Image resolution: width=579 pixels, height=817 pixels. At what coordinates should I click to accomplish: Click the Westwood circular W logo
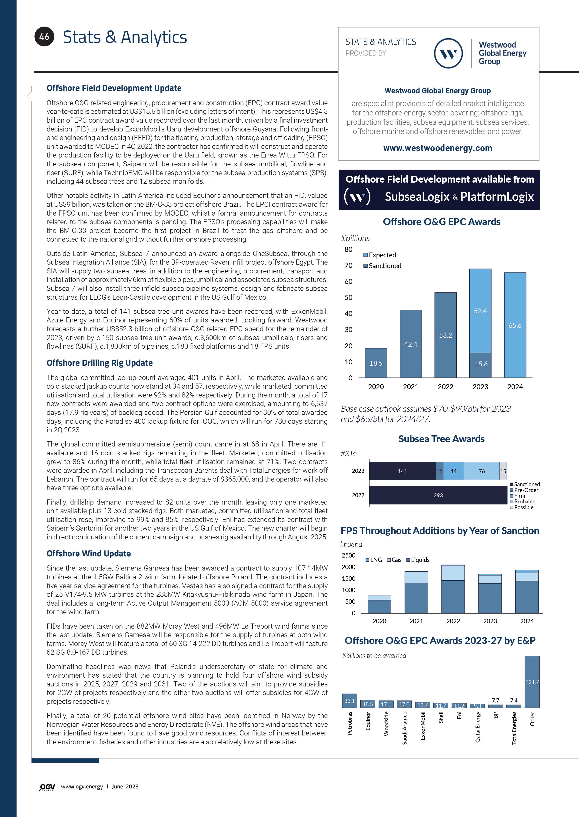point(448,53)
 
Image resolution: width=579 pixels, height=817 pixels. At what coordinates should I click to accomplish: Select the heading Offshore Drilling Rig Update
point(100,363)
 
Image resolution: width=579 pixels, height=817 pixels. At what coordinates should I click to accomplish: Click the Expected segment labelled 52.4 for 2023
point(480,311)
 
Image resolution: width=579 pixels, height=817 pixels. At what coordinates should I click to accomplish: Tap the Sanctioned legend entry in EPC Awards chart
point(382,266)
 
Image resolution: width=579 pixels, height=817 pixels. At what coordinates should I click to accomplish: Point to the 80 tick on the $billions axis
point(348,249)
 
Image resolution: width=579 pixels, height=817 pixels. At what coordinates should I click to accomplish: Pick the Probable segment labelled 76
point(481,471)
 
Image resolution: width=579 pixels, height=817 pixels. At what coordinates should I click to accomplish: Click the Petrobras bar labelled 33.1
point(349,701)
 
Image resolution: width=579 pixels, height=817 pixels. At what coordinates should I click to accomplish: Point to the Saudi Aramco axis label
point(404,728)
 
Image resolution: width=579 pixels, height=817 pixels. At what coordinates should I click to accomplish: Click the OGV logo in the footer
point(47,787)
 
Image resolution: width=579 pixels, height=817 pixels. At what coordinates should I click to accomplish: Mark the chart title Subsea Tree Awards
point(441,439)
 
